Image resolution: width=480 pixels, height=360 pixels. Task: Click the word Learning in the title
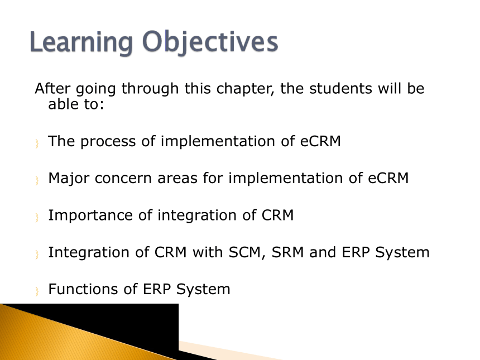81,42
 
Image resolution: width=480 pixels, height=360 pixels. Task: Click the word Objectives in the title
210,42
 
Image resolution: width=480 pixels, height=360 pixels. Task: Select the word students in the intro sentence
340,89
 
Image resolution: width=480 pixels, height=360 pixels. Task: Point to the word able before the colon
64,104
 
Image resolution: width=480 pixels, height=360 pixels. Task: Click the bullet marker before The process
37,143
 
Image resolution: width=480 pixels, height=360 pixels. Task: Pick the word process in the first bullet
108,142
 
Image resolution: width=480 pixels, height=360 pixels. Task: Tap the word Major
69,179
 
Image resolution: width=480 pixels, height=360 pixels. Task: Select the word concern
123,179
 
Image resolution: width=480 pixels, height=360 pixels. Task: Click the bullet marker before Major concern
37,180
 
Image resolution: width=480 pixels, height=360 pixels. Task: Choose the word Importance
90,216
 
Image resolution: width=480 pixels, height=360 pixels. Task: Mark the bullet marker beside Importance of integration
37,217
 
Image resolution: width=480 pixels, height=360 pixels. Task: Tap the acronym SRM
287,252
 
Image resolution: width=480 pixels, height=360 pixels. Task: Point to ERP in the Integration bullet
356,252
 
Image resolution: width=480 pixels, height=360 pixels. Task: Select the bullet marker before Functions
37,291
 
